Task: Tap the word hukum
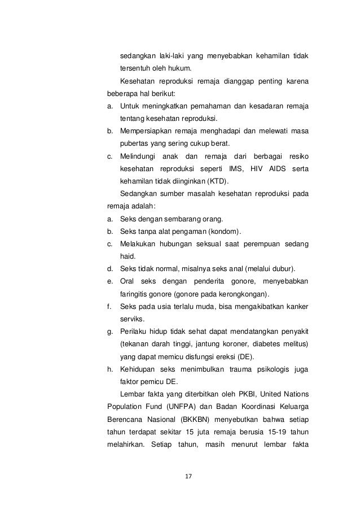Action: [172, 69]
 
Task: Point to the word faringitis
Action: [134, 293]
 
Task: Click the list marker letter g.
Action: [109, 330]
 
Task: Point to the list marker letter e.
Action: [109, 281]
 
